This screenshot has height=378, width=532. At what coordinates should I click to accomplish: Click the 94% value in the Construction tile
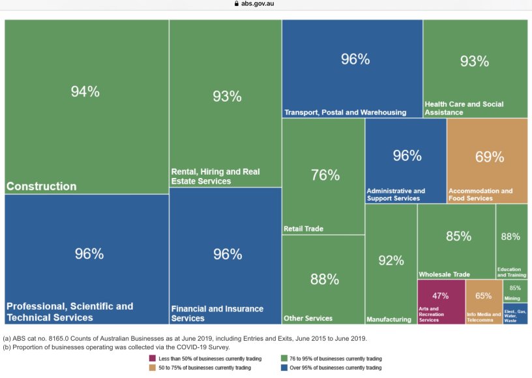pyautogui.click(x=85, y=92)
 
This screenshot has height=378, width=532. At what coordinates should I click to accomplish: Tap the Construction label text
pyautogui.click(x=42, y=186)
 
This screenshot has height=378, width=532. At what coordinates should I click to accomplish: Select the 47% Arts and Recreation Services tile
pyautogui.click(x=441, y=302)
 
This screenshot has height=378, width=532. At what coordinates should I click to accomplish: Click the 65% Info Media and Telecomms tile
pyautogui.click(x=484, y=302)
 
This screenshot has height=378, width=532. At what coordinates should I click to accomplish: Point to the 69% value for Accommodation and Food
pyautogui.click(x=489, y=157)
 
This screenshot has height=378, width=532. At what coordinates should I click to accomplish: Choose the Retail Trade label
pyautogui.click(x=303, y=229)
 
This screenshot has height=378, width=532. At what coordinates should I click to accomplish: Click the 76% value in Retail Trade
pyautogui.click(x=325, y=175)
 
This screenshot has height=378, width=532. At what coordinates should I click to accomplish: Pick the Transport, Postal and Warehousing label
pyautogui.click(x=345, y=112)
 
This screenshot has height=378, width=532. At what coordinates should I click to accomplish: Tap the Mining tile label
pyautogui.click(x=512, y=298)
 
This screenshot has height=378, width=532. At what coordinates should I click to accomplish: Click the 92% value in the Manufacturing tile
pyautogui.click(x=391, y=261)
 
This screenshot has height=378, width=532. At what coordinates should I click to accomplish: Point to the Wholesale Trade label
pyautogui.click(x=444, y=274)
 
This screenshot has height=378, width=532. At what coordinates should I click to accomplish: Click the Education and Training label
pyautogui.click(x=511, y=272)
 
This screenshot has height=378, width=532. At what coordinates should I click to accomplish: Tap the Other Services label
pyautogui.click(x=308, y=319)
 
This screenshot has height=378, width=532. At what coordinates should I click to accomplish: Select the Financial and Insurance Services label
pyautogui.click(x=217, y=313)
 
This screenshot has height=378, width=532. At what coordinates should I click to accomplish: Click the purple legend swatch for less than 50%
pyautogui.click(x=153, y=358)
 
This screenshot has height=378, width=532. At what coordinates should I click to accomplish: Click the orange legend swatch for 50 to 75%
pyautogui.click(x=153, y=368)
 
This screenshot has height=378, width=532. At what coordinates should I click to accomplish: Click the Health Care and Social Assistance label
pyautogui.click(x=464, y=108)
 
